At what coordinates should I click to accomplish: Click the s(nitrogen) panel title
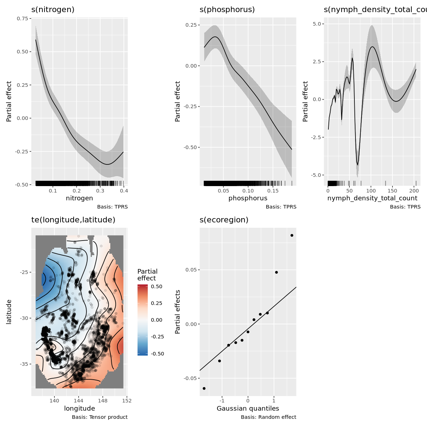coord(53,10)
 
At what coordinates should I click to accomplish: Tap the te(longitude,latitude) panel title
coord(73,220)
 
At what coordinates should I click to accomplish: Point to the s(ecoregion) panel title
coord(224,220)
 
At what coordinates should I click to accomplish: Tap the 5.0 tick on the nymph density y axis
coord(316,24)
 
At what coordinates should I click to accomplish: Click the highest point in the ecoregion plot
coord(292,235)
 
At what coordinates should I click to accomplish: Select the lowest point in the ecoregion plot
coord(204,388)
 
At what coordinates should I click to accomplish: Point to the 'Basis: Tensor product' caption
coord(100,417)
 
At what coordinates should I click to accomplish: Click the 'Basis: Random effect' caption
coord(268,417)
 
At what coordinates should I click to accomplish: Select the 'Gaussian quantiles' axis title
coord(248,408)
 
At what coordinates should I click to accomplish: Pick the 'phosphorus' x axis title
coord(248,198)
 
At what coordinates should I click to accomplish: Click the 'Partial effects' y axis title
coord(178,312)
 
